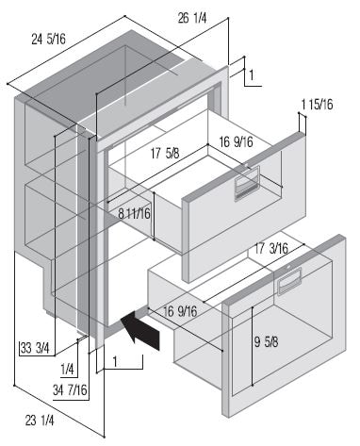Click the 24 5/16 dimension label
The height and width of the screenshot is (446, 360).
48,40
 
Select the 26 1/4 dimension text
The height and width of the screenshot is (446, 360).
192,18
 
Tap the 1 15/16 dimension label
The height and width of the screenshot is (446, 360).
317,105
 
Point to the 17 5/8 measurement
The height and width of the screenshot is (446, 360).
165,154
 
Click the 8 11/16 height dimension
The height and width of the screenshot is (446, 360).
135,214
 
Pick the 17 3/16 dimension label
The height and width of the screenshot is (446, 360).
271,249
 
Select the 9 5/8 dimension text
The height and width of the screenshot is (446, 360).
267,342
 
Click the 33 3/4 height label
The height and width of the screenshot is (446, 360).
35,349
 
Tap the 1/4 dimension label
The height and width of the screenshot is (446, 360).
67,370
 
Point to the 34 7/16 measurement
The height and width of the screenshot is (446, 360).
70,390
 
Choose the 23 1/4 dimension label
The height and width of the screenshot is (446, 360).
40,421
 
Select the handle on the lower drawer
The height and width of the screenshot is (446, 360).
289,281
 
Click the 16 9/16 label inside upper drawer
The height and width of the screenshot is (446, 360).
236,142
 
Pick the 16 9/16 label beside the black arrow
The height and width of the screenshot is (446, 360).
180,311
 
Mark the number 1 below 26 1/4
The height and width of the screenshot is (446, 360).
252,75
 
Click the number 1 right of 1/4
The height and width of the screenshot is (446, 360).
115,362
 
